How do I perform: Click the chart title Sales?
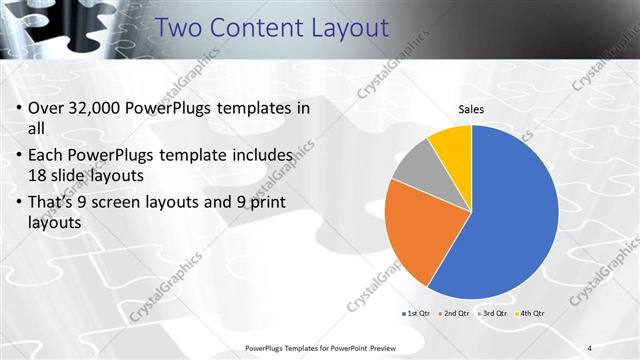click(x=472, y=109)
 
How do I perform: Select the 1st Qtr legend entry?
click(x=417, y=314)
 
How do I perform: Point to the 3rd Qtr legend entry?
click(x=494, y=314)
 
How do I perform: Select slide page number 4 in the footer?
click(x=590, y=348)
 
